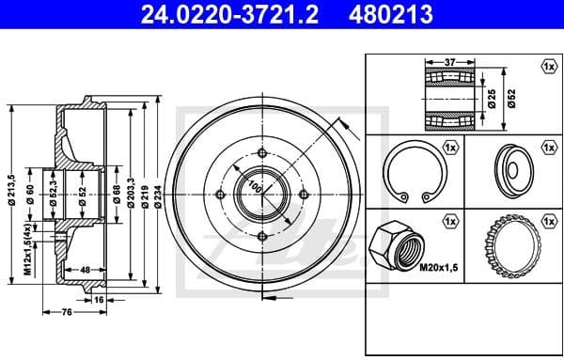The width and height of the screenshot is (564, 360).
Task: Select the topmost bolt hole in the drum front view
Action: tap(260, 155)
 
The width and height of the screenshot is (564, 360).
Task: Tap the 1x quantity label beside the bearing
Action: tap(548, 66)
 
